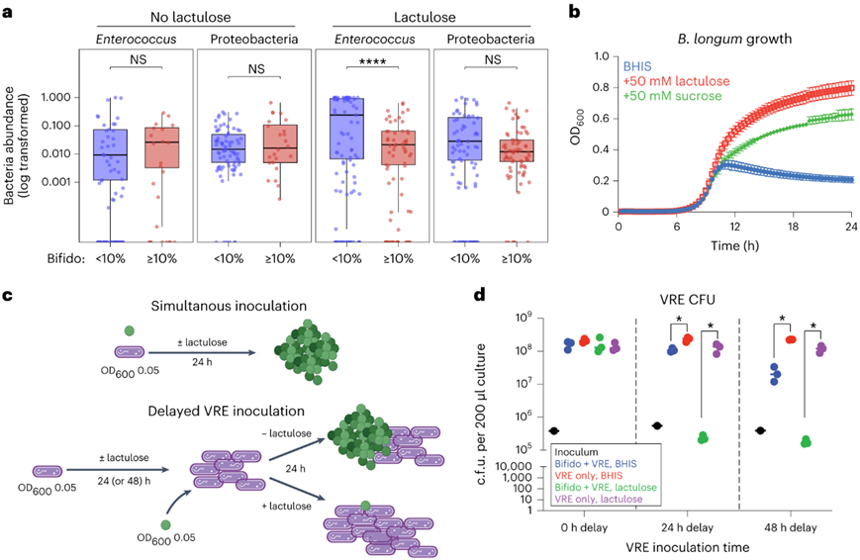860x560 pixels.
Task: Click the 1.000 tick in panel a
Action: [x=62, y=97]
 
